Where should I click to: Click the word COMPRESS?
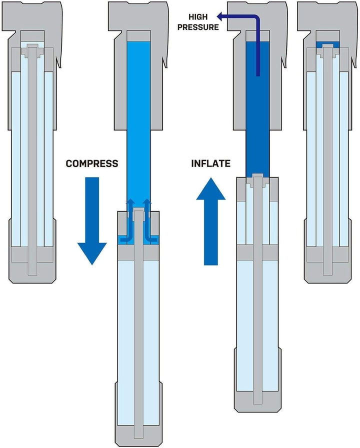tap(92, 163)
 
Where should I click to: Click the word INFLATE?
tap(210, 163)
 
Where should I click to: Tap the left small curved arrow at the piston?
tap(128, 220)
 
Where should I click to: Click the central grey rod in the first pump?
tap(33, 150)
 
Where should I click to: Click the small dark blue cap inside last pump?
tap(327, 43)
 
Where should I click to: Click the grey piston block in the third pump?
tap(258, 252)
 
